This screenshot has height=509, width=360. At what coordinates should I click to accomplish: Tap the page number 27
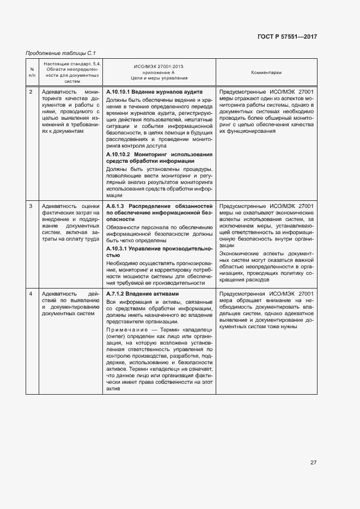pyautogui.click(x=313, y=463)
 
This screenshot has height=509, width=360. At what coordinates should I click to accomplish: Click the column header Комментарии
pyautogui.click(x=266, y=72)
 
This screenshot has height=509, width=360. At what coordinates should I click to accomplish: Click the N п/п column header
pyautogui.click(x=32, y=72)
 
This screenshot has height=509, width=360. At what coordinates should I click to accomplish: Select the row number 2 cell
pyautogui.click(x=30, y=92)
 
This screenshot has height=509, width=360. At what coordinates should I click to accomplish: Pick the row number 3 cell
pyautogui.click(x=30, y=206)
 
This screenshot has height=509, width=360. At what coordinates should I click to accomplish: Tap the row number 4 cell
pyautogui.click(x=30, y=294)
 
